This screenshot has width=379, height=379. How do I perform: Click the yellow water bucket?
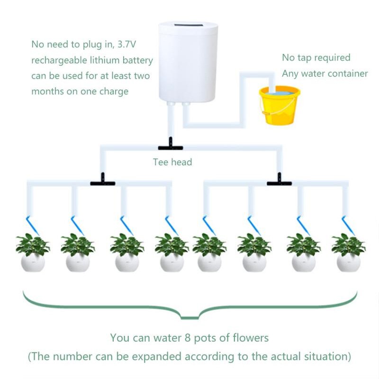tap(279, 107)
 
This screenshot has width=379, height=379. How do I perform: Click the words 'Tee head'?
tap(172, 162)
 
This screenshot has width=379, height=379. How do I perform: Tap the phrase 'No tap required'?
tap(316, 58)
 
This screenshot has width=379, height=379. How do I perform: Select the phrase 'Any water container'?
tap(325, 73)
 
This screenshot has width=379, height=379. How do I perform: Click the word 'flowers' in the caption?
tap(251, 338)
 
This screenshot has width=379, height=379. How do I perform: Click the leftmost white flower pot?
tap(33, 262)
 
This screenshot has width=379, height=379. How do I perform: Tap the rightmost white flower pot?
tap(349, 262)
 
